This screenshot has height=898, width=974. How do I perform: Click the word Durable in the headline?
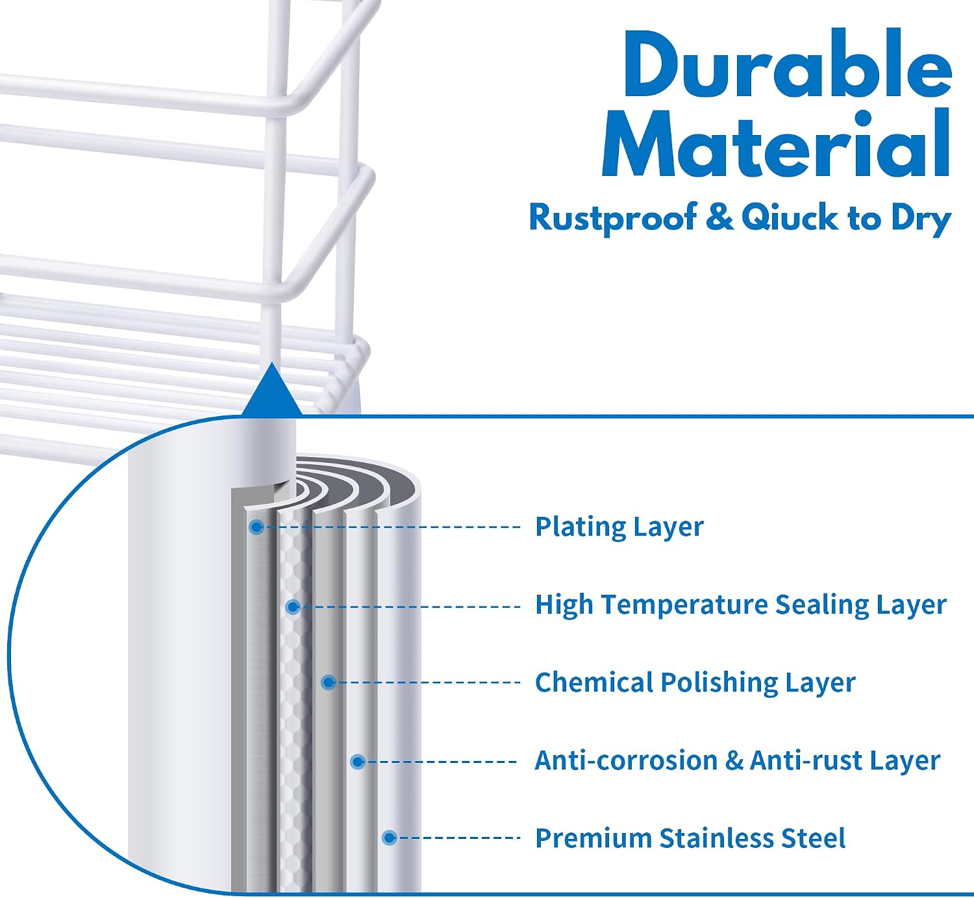click(x=788, y=63)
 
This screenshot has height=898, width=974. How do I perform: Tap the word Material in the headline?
click(x=777, y=143)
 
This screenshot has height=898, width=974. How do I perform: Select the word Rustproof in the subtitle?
click(x=613, y=218)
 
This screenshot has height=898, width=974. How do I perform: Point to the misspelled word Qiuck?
click(x=790, y=218)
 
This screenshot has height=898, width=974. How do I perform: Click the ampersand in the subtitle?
click(x=719, y=218)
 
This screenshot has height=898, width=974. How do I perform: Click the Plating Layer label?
click(x=619, y=527)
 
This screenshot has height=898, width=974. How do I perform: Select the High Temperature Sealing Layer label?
click(x=740, y=605)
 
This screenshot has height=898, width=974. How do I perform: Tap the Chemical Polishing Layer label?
click(x=695, y=682)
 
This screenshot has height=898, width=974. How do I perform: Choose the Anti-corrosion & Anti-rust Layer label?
click(x=737, y=761)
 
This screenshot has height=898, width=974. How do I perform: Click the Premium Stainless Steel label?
click(x=690, y=838)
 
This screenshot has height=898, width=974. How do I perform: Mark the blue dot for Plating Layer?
click(x=256, y=527)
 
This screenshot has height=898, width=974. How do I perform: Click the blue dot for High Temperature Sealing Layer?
click(x=293, y=607)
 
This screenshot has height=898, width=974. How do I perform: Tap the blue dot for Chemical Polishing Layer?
click(x=329, y=682)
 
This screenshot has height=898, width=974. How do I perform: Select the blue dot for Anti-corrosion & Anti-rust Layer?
click(x=358, y=762)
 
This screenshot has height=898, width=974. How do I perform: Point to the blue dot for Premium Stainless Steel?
click(x=390, y=838)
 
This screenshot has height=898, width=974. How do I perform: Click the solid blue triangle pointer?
click(x=271, y=392)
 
